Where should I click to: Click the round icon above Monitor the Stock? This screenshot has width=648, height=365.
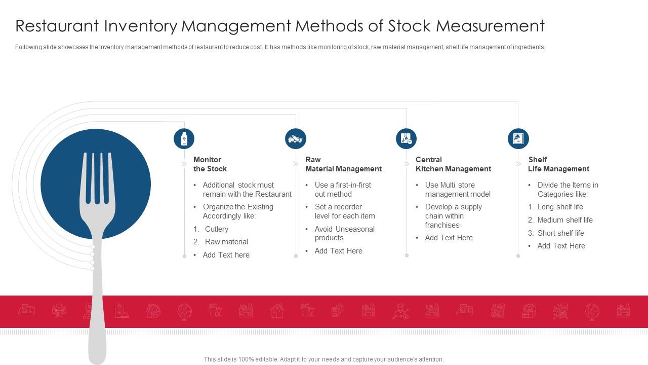[x=184, y=138]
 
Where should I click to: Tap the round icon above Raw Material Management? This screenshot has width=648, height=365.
[x=296, y=138]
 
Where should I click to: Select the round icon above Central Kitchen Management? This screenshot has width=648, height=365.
[x=407, y=138]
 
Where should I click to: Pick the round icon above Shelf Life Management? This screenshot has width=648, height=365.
[x=518, y=138]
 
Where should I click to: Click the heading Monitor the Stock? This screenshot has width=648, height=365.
[x=210, y=164]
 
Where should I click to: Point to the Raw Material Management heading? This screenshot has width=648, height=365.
[x=343, y=164]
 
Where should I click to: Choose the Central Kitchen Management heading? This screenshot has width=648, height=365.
[x=453, y=164]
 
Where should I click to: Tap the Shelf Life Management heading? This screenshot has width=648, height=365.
[x=558, y=164]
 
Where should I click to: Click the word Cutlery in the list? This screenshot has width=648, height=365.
[x=217, y=229]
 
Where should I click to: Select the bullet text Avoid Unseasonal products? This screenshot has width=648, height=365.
[x=344, y=233]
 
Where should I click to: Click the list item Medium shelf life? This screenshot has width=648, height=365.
[x=564, y=220]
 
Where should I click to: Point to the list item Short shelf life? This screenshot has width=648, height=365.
[x=560, y=233]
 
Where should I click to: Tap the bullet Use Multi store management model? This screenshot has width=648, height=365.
[x=457, y=190]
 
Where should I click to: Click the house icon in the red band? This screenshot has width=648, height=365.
[x=277, y=311]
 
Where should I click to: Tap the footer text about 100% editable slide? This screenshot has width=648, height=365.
[x=323, y=359]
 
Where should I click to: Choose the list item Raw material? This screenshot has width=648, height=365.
[x=226, y=242]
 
